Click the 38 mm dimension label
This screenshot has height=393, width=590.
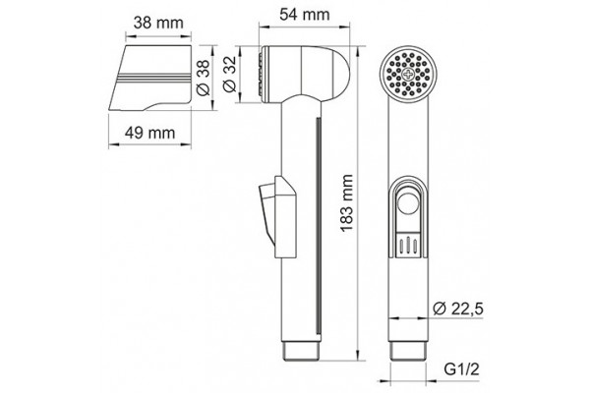pos(158,23)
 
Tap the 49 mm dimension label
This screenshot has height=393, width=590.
pos(149,133)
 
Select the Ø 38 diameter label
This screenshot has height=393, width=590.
pos(204,79)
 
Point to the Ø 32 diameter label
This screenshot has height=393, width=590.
pos(229,74)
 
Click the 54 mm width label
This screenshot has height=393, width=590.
pos(305,15)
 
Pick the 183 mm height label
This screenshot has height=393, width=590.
pos(347,202)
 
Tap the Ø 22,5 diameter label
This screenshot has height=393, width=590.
pos(458,309)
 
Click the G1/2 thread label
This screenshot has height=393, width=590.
pos(462,371)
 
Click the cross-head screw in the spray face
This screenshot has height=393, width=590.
pos(408,74)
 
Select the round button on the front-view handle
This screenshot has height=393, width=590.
pos(408,203)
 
